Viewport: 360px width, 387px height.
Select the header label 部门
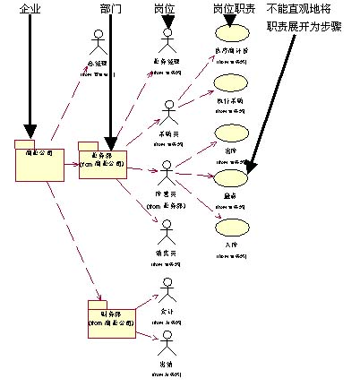(110, 8)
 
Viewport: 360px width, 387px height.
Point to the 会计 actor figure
(166, 291)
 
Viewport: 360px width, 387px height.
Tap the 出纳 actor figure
(166, 343)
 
